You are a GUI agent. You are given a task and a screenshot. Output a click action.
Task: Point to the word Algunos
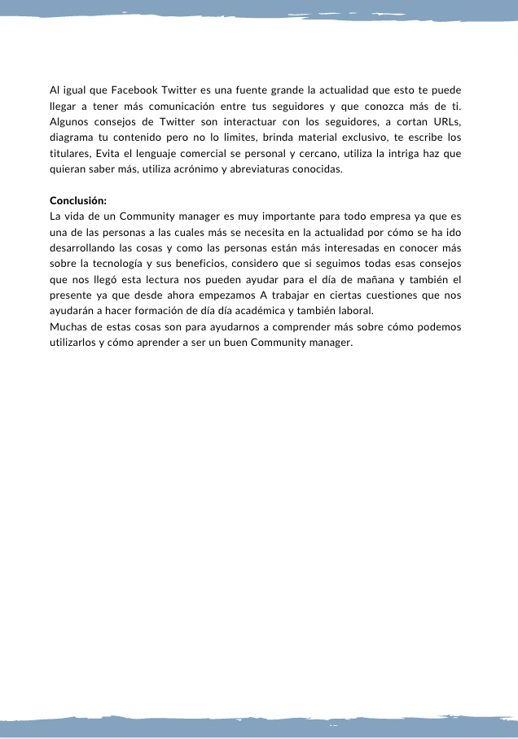pos(70,121)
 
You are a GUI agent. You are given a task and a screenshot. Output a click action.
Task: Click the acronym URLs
pos(444,121)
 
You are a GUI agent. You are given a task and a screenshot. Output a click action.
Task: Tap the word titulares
pos(69,153)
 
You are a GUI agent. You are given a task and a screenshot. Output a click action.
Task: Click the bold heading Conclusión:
pos(78,201)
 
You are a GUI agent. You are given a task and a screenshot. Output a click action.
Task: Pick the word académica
pos(239,312)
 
